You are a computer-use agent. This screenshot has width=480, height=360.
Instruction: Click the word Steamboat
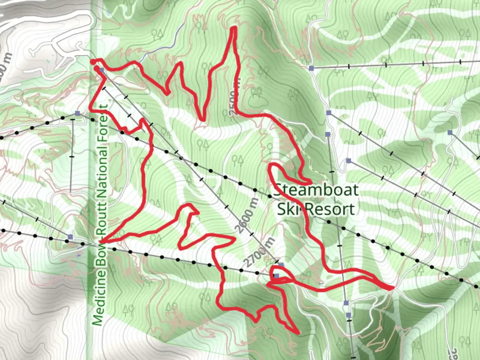316,190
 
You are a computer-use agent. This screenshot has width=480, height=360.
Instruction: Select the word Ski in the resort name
289,210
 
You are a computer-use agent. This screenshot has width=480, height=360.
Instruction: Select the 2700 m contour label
260,252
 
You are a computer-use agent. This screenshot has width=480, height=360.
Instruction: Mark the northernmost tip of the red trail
234,27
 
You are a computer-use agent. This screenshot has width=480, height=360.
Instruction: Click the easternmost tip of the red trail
393,287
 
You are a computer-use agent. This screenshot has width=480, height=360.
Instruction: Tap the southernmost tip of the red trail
297,333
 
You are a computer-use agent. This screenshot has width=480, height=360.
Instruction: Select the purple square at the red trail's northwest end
101,70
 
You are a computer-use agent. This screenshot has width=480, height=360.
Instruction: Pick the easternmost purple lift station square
450,132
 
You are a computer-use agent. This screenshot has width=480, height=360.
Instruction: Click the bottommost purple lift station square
348,315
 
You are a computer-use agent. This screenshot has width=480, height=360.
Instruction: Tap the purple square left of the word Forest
78,113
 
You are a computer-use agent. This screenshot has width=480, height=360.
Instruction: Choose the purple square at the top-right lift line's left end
311,68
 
